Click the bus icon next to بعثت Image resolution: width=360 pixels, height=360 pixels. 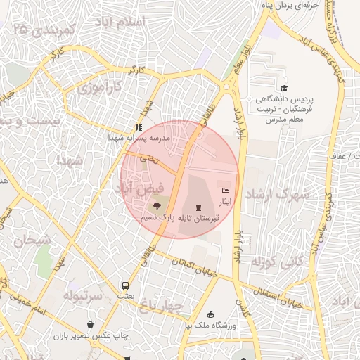tap(125, 286)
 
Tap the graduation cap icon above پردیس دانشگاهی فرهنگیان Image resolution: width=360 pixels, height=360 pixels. tap(284, 88)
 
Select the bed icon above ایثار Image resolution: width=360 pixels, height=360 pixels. tap(225, 191)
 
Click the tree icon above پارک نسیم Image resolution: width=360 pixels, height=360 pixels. tap(156, 206)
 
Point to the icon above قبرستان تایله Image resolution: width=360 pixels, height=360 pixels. tap(198, 207)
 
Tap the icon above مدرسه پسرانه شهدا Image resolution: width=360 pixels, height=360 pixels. tap(138, 127)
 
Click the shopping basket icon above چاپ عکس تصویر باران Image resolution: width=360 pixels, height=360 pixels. tap(91, 324)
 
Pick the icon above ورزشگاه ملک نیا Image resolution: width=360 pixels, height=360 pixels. tap(211, 314)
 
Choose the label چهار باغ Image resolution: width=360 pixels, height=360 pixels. tap(160, 306)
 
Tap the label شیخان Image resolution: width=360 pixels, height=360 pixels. tap(28, 240)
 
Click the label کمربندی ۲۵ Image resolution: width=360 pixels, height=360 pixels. tap(44, 30)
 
